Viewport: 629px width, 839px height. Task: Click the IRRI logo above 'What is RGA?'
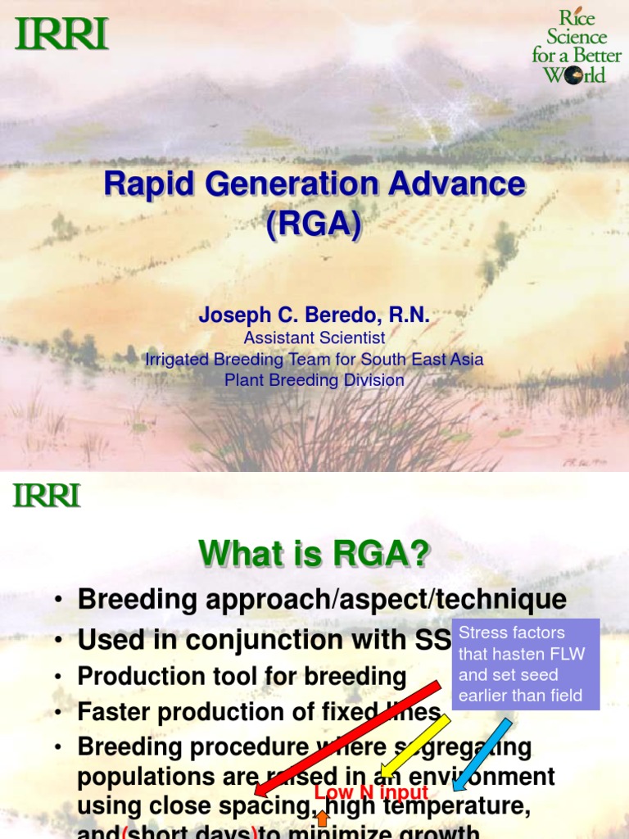click(47, 496)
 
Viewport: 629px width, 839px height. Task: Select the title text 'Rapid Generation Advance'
click(314, 184)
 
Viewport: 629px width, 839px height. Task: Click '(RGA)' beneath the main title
click(314, 223)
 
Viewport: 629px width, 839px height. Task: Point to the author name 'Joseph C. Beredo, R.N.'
click(314, 315)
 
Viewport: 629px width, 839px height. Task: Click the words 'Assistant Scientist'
click(314, 338)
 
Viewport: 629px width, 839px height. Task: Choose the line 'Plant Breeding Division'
click(314, 380)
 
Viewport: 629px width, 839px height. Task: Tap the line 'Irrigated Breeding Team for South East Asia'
click(314, 359)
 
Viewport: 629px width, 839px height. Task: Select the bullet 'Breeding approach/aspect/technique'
click(321, 599)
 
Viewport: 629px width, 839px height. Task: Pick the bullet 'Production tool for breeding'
click(242, 676)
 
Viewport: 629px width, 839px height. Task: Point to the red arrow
click(347, 738)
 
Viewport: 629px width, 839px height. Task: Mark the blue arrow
click(483, 754)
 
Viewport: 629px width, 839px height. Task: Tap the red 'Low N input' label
click(371, 792)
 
